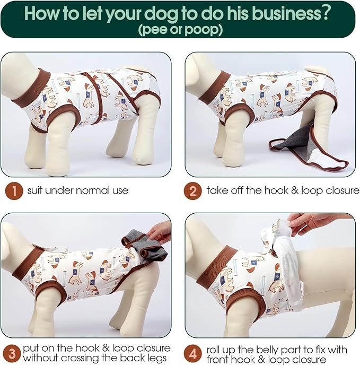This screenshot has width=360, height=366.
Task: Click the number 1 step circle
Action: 14,191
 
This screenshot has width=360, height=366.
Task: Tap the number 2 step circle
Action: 192,191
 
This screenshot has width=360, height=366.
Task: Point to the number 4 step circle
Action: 192,354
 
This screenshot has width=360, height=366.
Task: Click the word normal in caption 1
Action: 93,190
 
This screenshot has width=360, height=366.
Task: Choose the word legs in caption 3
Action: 156,358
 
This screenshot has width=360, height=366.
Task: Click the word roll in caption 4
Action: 215,350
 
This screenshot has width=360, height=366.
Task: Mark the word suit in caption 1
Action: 35,190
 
